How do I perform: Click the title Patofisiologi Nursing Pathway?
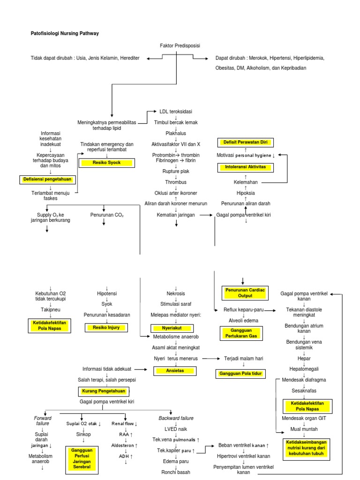(61, 33)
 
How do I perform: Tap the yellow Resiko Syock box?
(107, 163)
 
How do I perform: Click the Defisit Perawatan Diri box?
(245, 142)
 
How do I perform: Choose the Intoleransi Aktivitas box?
(246, 167)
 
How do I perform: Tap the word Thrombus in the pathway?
(176, 182)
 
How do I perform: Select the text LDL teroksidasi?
(176, 111)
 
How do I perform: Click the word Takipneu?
(50, 310)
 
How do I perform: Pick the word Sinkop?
(83, 435)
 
